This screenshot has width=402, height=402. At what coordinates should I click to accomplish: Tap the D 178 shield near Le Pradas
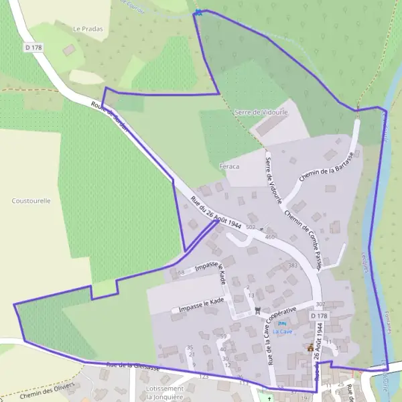coord(31,48)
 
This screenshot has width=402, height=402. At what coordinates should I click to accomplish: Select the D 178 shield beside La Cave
coord(319,315)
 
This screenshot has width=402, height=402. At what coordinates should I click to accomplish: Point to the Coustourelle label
coord(31,200)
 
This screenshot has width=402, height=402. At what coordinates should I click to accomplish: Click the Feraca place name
coord(229,165)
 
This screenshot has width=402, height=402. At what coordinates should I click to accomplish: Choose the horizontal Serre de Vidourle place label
coord(261,113)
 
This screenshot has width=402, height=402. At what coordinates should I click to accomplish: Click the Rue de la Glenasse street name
coord(133,365)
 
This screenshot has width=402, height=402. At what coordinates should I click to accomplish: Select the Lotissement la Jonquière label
coord(165,393)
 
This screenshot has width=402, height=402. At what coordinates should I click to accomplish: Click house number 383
coord(292,265)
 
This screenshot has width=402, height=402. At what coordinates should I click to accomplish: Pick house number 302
coord(320,304)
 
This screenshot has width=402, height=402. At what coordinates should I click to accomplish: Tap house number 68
coord(180,273)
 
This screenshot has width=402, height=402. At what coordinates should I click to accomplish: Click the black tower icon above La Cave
coord(257,309)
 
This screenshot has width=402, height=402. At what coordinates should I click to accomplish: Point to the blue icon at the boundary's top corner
coord(198,11)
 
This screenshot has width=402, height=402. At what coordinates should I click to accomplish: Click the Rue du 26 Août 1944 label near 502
coord(216,214)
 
